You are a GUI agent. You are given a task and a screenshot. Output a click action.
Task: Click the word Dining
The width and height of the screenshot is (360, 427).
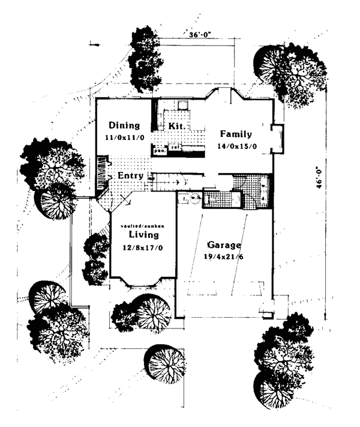click(x=124, y=126)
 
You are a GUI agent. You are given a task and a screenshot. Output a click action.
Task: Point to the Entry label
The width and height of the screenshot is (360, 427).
click(x=130, y=175)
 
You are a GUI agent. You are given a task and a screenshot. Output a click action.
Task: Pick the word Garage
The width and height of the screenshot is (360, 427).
click(x=224, y=245)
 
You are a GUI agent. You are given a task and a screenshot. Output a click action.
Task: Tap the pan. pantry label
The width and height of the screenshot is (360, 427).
click(x=160, y=151)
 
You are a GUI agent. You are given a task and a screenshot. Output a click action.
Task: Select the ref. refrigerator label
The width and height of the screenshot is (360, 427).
click(x=175, y=147)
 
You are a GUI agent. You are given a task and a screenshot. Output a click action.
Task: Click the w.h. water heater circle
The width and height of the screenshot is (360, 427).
click(x=194, y=198)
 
